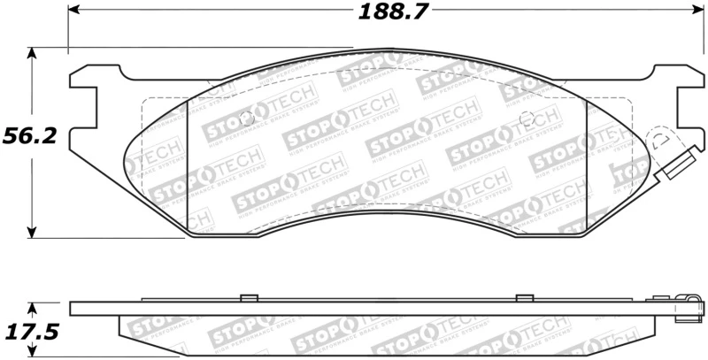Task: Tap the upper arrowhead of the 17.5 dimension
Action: click(x=33, y=307)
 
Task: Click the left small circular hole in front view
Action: click(x=249, y=119)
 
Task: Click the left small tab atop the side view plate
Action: click(x=249, y=297)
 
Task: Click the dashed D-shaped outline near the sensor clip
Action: click(x=659, y=141)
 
